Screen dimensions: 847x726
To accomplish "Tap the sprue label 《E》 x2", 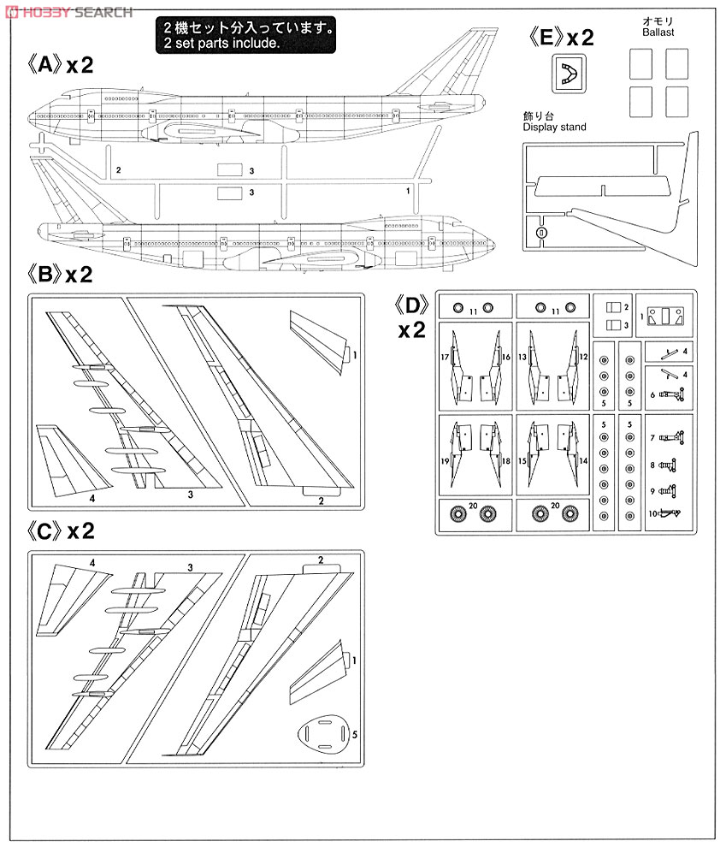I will [561, 37].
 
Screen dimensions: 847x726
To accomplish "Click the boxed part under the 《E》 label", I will [566, 75].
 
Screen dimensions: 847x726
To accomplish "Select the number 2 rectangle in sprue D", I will [613, 306].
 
